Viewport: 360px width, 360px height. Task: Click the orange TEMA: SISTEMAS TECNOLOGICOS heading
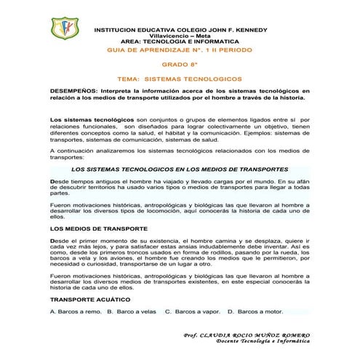180,76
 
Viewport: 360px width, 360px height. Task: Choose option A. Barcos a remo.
75,311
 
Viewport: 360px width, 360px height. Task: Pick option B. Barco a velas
131,311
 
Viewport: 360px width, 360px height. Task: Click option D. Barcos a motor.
255,311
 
